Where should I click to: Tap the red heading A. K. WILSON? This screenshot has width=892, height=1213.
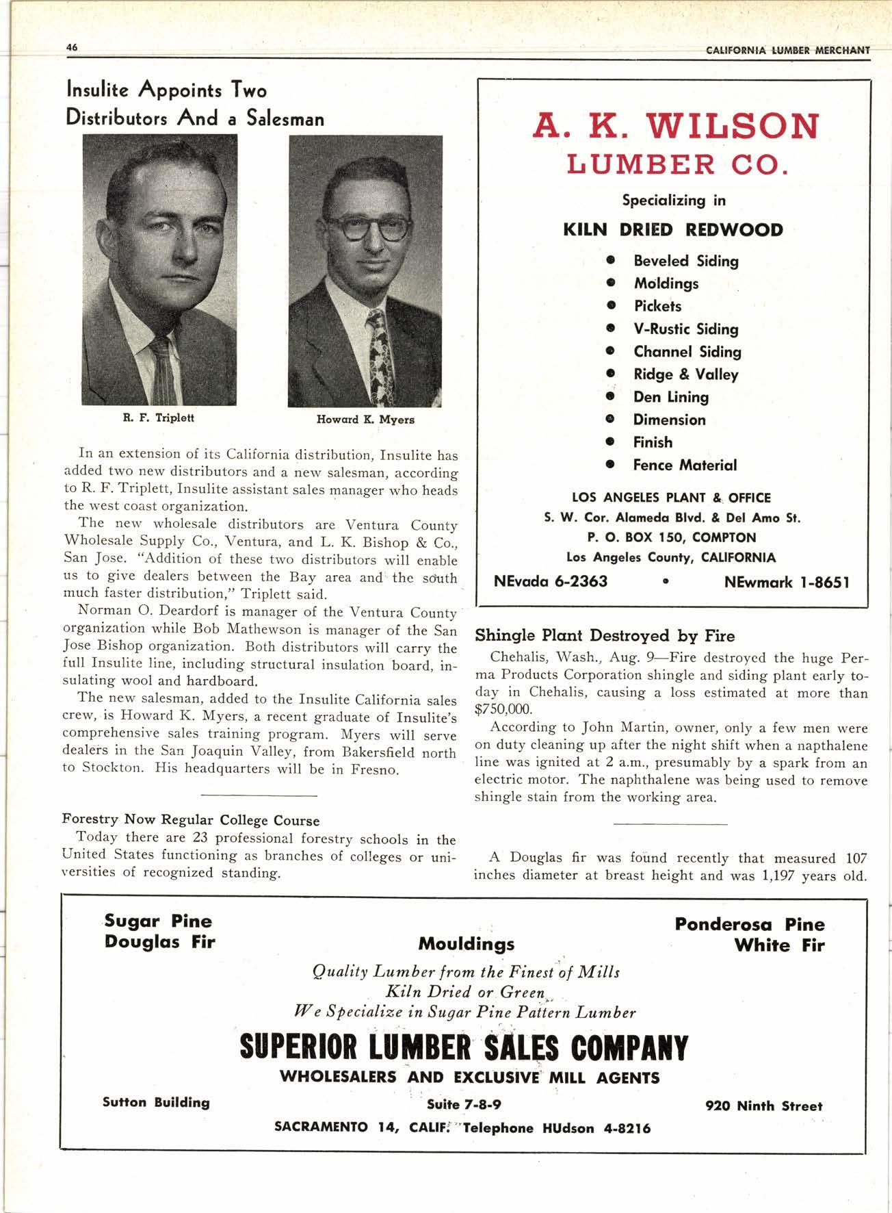pyautogui.click(x=675, y=125)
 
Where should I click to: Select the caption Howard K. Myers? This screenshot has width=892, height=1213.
pyautogui.click(x=365, y=419)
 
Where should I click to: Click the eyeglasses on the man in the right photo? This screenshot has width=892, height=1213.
pyautogui.click(x=366, y=227)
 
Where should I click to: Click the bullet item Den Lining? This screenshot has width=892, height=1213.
pyautogui.click(x=670, y=397)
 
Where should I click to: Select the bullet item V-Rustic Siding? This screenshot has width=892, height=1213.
pyautogui.click(x=685, y=329)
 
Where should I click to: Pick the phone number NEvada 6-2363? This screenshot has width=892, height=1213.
pyautogui.click(x=551, y=582)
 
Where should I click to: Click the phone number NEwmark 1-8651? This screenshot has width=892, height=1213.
pyautogui.click(x=786, y=583)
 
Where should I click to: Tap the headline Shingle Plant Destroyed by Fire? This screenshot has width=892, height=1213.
pyautogui.click(x=605, y=636)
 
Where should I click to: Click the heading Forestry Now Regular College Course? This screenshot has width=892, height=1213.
pyautogui.click(x=191, y=819)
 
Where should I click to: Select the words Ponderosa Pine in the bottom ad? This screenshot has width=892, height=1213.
pyautogui.click(x=750, y=924)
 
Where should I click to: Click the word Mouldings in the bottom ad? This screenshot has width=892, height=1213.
pyautogui.click(x=466, y=944)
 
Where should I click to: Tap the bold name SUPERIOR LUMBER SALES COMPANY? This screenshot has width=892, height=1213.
pyautogui.click(x=464, y=1048)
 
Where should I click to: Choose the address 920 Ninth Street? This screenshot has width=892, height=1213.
pyautogui.click(x=763, y=1106)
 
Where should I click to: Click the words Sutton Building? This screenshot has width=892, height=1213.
pyautogui.click(x=156, y=1102)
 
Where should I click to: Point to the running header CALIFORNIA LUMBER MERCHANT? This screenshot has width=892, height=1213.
pyautogui.click(x=788, y=50)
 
